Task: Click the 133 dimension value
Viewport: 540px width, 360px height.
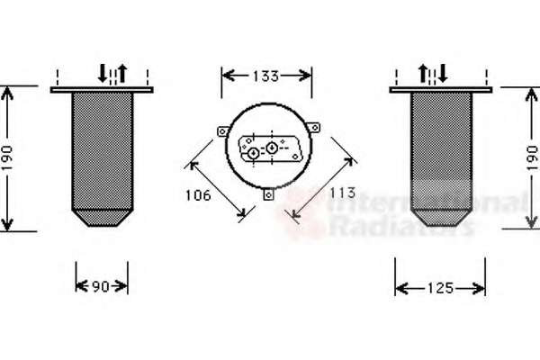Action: (x=265, y=76)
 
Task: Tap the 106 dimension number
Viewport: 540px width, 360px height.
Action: (x=198, y=195)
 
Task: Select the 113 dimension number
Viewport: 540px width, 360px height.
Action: (x=342, y=193)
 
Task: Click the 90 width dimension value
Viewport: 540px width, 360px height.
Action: (x=101, y=286)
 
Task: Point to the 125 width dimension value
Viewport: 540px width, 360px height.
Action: (x=440, y=288)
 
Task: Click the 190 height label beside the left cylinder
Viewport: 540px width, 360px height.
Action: (x=7, y=157)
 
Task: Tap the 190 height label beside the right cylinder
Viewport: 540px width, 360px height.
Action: (x=533, y=157)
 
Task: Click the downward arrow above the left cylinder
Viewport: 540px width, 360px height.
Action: (x=103, y=73)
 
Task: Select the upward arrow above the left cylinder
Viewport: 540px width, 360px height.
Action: (x=122, y=73)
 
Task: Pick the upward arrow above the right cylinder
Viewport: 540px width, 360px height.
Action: (x=423, y=74)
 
